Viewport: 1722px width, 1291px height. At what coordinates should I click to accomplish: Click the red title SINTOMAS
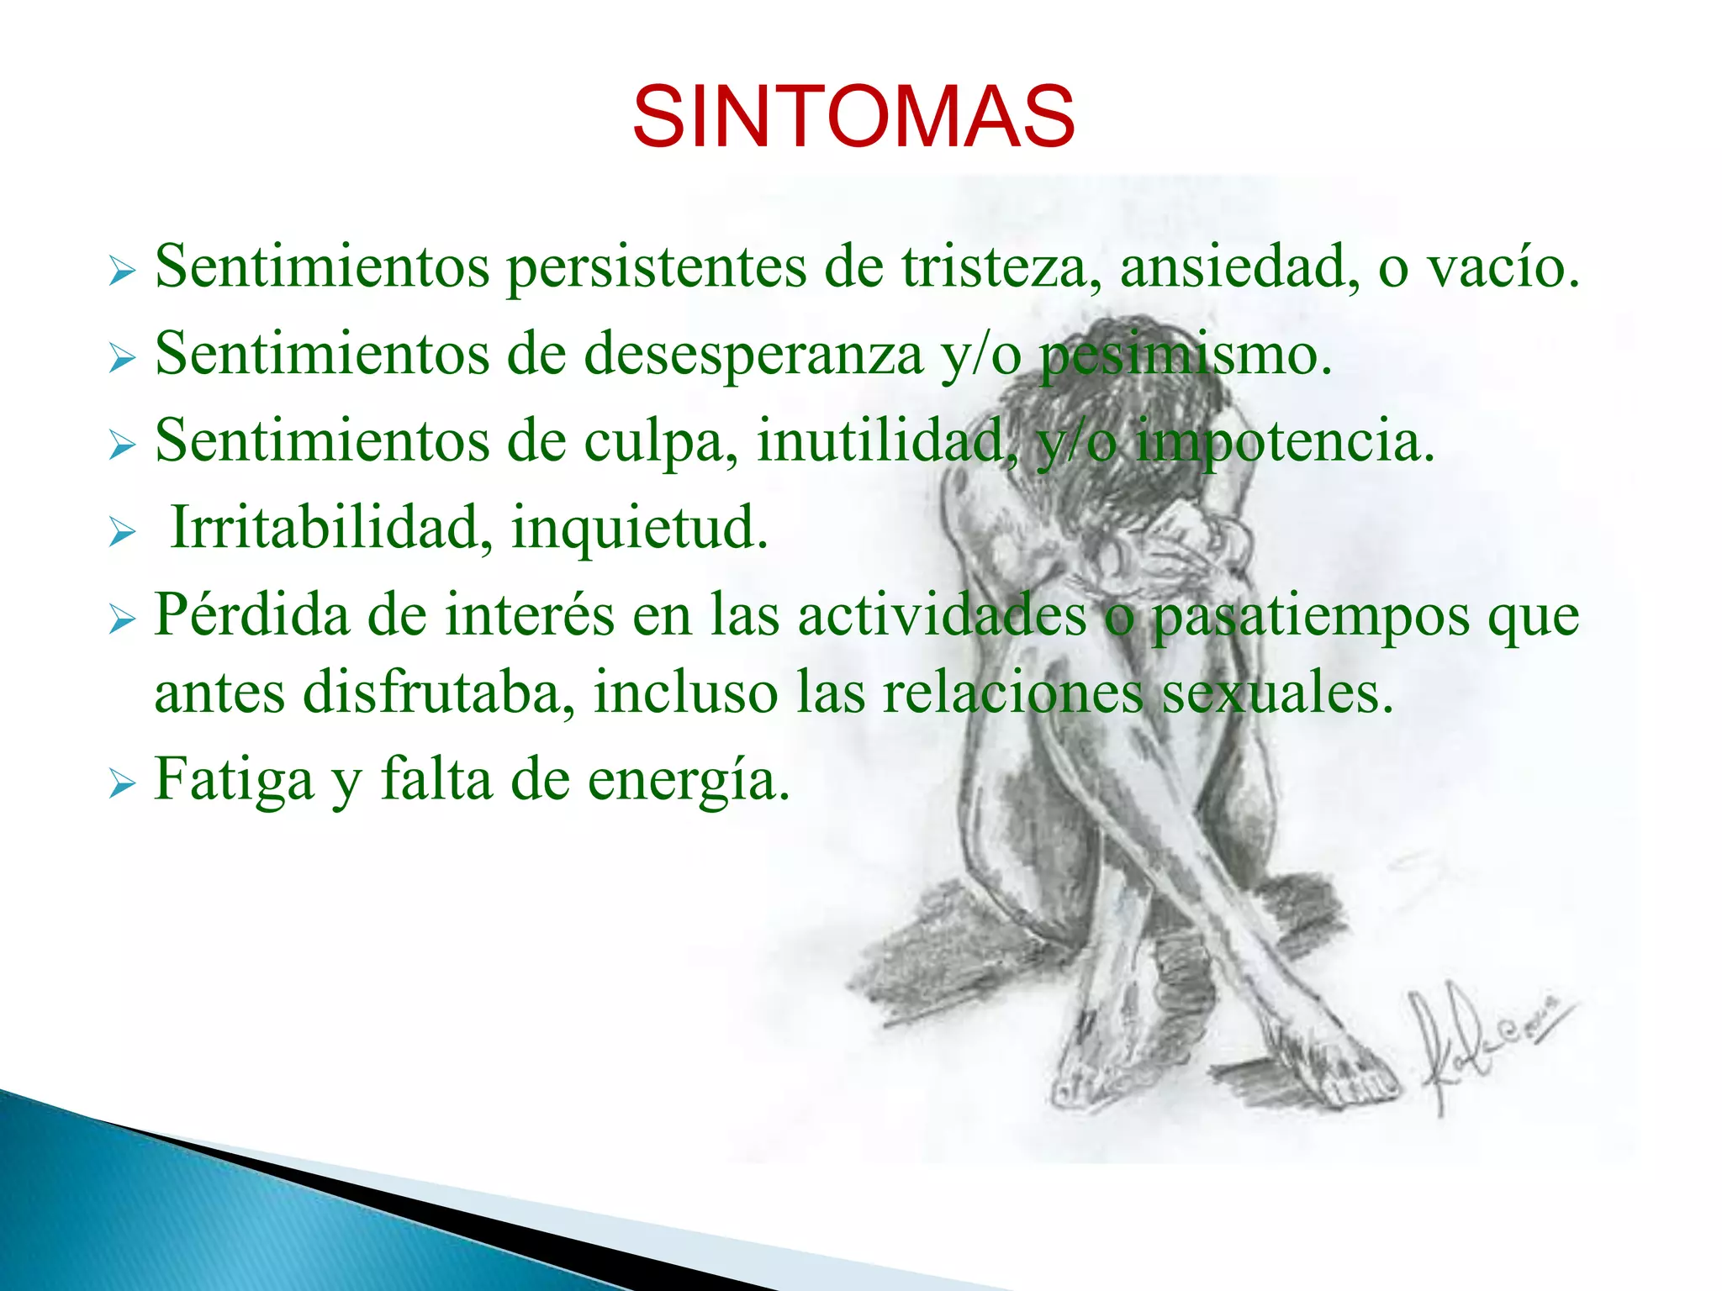pos(853,117)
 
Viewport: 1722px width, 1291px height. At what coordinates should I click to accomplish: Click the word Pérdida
pos(252,616)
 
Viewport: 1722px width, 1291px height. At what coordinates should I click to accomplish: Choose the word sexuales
pos(1277,694)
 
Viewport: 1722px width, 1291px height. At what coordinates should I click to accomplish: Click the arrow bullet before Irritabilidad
pos(122,532)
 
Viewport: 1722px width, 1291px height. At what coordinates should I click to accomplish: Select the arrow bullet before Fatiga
pos(122,785)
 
